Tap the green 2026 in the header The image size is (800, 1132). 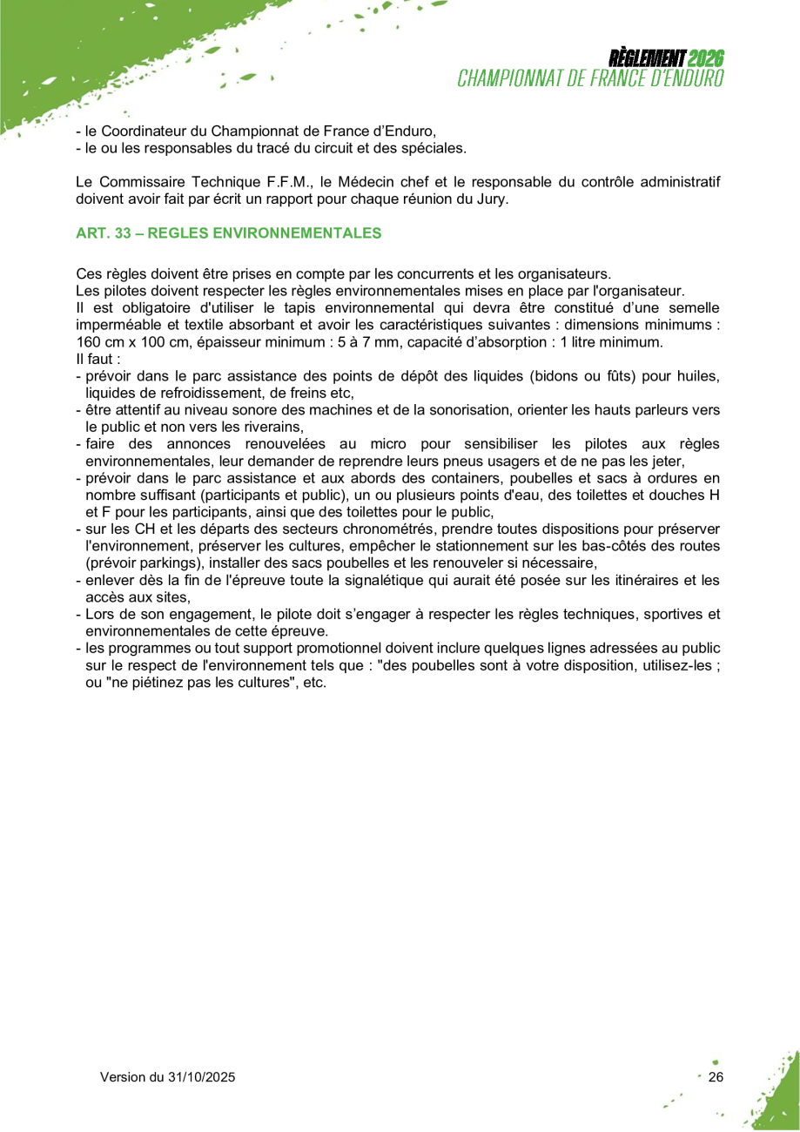[706, 58]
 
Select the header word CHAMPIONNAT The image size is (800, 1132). [510, 77]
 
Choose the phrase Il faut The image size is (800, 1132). [94, 359]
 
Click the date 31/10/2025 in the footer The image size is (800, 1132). [203, 1077]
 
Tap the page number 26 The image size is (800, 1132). [716, 1077]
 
